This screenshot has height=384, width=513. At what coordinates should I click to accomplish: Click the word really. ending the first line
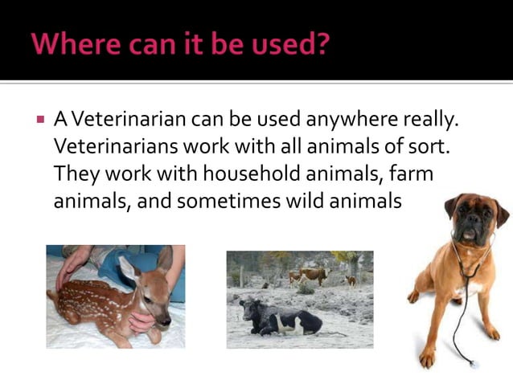[435, 121]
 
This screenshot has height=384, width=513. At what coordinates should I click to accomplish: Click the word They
[74, 174]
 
